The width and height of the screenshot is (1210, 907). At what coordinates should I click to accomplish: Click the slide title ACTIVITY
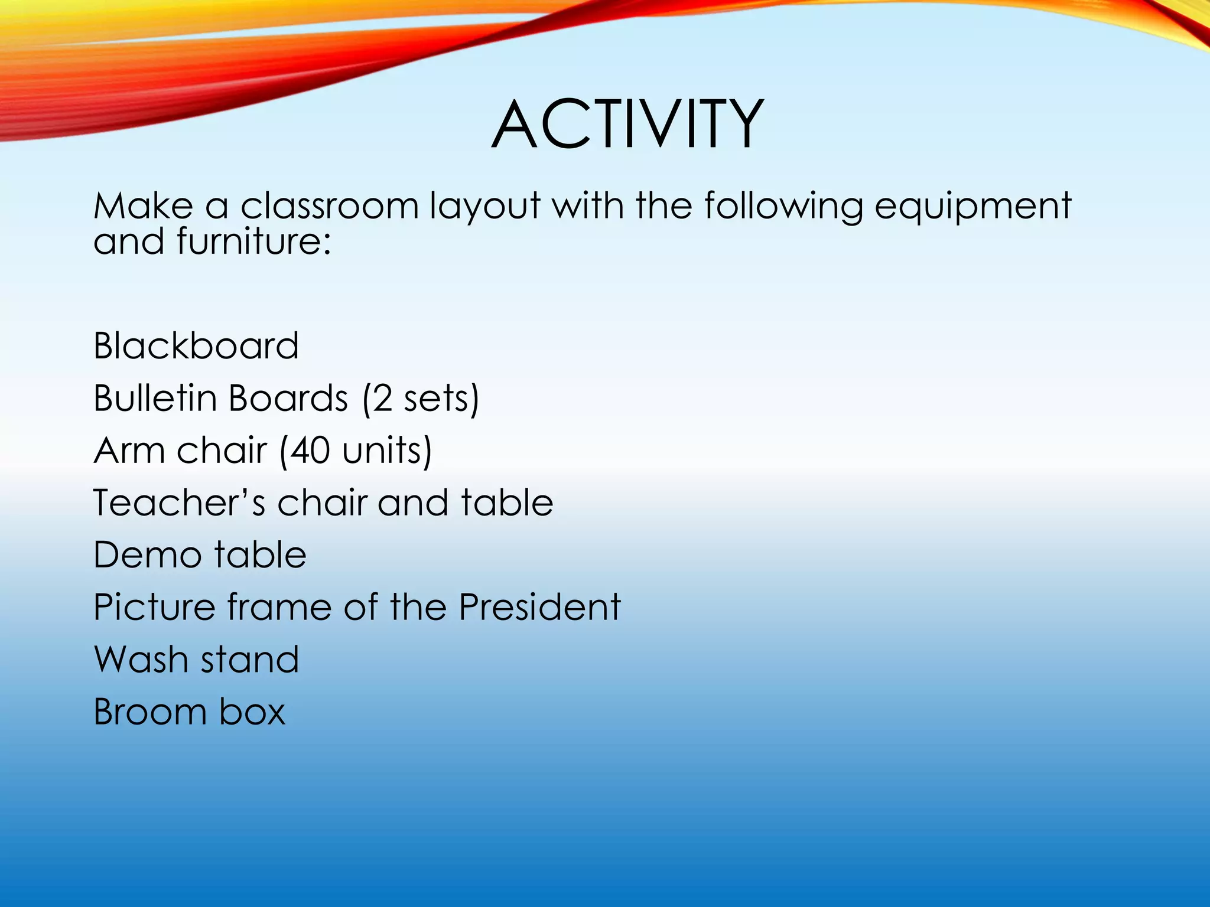pyautogui.click(x=627, y=125)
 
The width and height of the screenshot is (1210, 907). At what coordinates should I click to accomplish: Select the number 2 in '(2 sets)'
pyautogui.click(x=382, y=399)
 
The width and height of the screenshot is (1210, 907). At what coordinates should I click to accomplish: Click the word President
pyautogui.click(x=539, y=607)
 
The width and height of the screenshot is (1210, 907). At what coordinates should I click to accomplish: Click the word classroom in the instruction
pyautogui.click(x=329, y=207)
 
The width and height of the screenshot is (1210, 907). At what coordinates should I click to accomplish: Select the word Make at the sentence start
pyautogui.click(x=144, y=207)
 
